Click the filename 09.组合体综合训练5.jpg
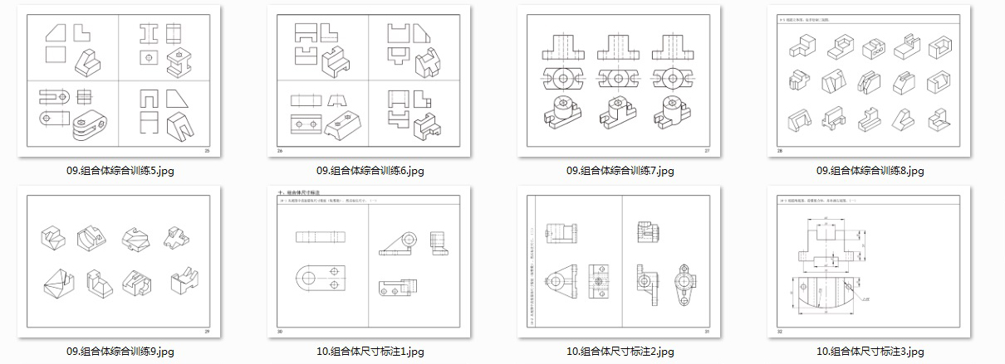[120, 171]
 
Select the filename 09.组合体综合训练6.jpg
[370, 171]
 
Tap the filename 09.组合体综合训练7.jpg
[620, 171]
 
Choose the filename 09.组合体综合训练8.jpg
[870, 171]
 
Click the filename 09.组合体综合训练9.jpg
[120, 352]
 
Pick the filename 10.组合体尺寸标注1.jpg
[370, 352]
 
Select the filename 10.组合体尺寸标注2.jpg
[620, 352]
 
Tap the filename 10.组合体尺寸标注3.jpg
[870, 352]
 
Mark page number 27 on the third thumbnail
[707, 151]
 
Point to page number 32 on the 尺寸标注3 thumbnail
[781, 332]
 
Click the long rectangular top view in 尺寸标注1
[322, 236]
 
